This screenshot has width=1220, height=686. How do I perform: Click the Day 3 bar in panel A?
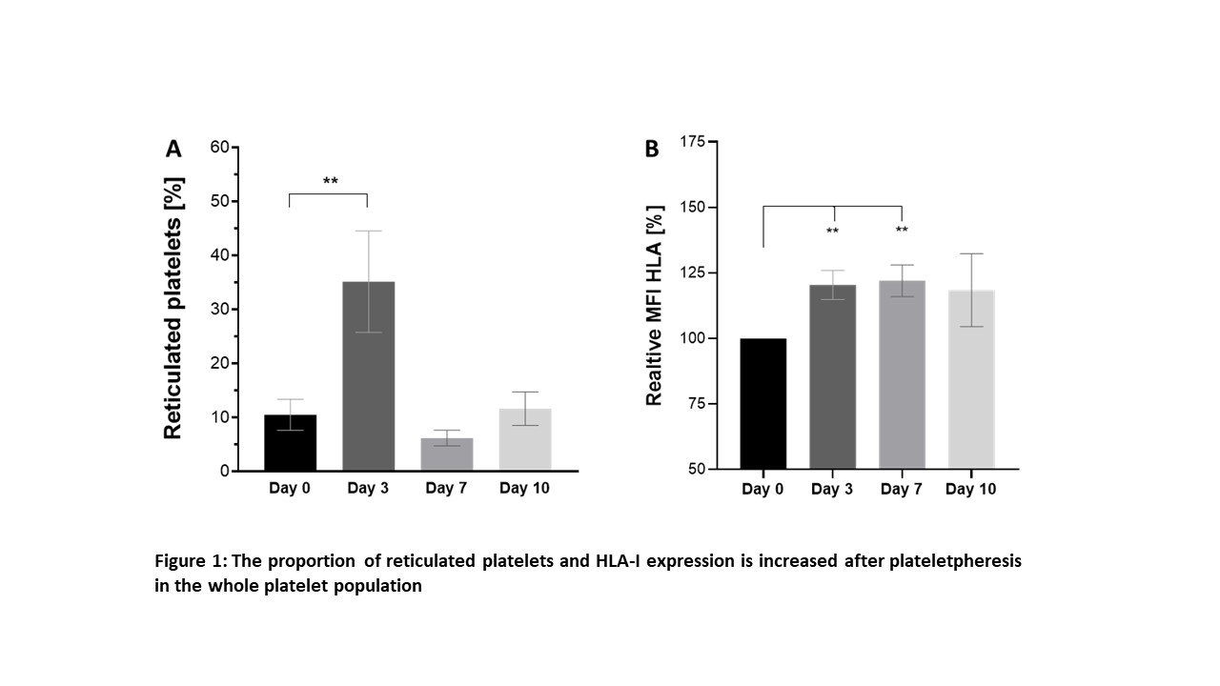point(368,376)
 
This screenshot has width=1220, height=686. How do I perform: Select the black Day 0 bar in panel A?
point(290,443)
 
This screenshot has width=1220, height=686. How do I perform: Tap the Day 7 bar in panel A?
point(446,454)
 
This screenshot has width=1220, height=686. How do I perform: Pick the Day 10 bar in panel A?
point(524,440)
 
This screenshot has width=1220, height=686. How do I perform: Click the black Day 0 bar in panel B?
point(763,404)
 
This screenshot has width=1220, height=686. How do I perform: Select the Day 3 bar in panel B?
point(833,377)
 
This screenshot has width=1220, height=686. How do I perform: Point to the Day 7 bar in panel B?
point(902,374)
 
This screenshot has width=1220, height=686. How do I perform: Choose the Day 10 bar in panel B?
point(971,379)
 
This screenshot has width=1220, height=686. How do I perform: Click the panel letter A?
point(173,149)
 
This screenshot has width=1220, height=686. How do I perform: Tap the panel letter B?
point(652,150)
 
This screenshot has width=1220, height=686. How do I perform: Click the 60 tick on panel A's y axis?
point(219,147)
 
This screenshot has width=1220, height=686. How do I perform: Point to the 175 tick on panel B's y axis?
point(693,142)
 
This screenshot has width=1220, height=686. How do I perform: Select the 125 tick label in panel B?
point(693,273)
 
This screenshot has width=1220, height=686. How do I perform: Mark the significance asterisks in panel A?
point(330,181)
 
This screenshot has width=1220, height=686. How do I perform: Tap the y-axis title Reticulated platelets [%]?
point(173,308)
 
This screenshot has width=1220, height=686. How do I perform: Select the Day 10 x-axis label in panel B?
point(970,490)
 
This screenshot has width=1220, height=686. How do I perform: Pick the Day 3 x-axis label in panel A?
point(367,489)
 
